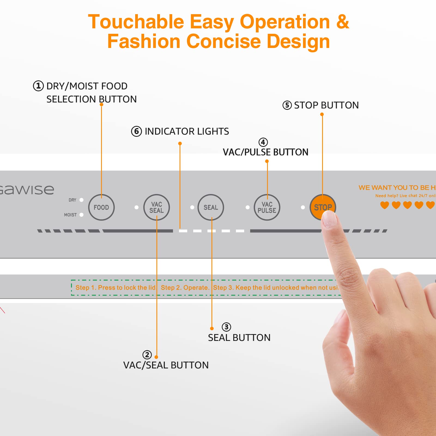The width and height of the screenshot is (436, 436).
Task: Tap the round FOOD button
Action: click(x=101, y=207)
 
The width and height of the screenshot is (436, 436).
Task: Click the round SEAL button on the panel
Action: click(x=211, y=207)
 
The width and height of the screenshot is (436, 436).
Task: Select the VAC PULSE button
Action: click(x=267, y=207)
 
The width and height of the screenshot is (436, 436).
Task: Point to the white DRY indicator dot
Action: click(x=81, y=200)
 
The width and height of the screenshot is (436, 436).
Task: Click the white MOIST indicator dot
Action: click(x=81, y=215)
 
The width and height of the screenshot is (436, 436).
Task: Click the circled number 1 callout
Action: click(x=38, y=86)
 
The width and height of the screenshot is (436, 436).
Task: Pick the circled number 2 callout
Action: click(x=147, y=355)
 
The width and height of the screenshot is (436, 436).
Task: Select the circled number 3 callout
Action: click(x=226, y=327)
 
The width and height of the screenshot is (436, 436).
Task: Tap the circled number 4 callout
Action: click(x=263, y=142)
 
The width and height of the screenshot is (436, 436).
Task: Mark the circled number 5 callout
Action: click(x=287, y=105)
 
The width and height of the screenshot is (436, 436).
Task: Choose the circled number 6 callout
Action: click(x=137, y=131)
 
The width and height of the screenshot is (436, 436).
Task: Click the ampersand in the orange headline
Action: click(x=343, y=22)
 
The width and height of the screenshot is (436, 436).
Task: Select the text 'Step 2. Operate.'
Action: click(x=185, y=287)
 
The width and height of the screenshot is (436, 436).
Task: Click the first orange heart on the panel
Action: click(x=384, y=205)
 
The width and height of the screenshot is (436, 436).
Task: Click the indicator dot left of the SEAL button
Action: click(x=192, y=207)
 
